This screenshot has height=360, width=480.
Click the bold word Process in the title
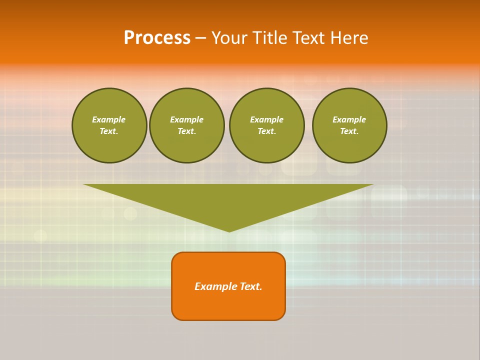coord(157,38)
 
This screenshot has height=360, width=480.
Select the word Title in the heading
coord(272,38)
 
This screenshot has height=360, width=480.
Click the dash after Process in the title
coord(200,38)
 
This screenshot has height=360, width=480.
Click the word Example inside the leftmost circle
coord(109,119)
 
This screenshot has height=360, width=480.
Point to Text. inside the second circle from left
coord(187,131)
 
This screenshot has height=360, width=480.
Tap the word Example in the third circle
coord(267,119)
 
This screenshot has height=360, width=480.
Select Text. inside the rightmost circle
coord(349,131)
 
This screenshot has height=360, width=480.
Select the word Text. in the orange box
coord(251,286)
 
